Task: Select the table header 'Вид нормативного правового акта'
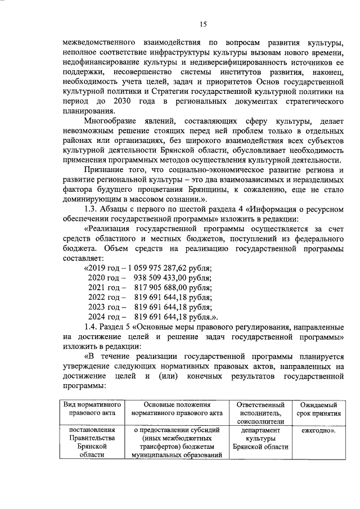pyautogui.click(x=91, y=408)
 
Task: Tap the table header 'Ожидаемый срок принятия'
pyautogui.click(x=317, y=408)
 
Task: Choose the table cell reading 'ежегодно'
pyautogui.click(x=317, y=431)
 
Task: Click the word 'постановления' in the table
pyautogui.click(x=91, y=431)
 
